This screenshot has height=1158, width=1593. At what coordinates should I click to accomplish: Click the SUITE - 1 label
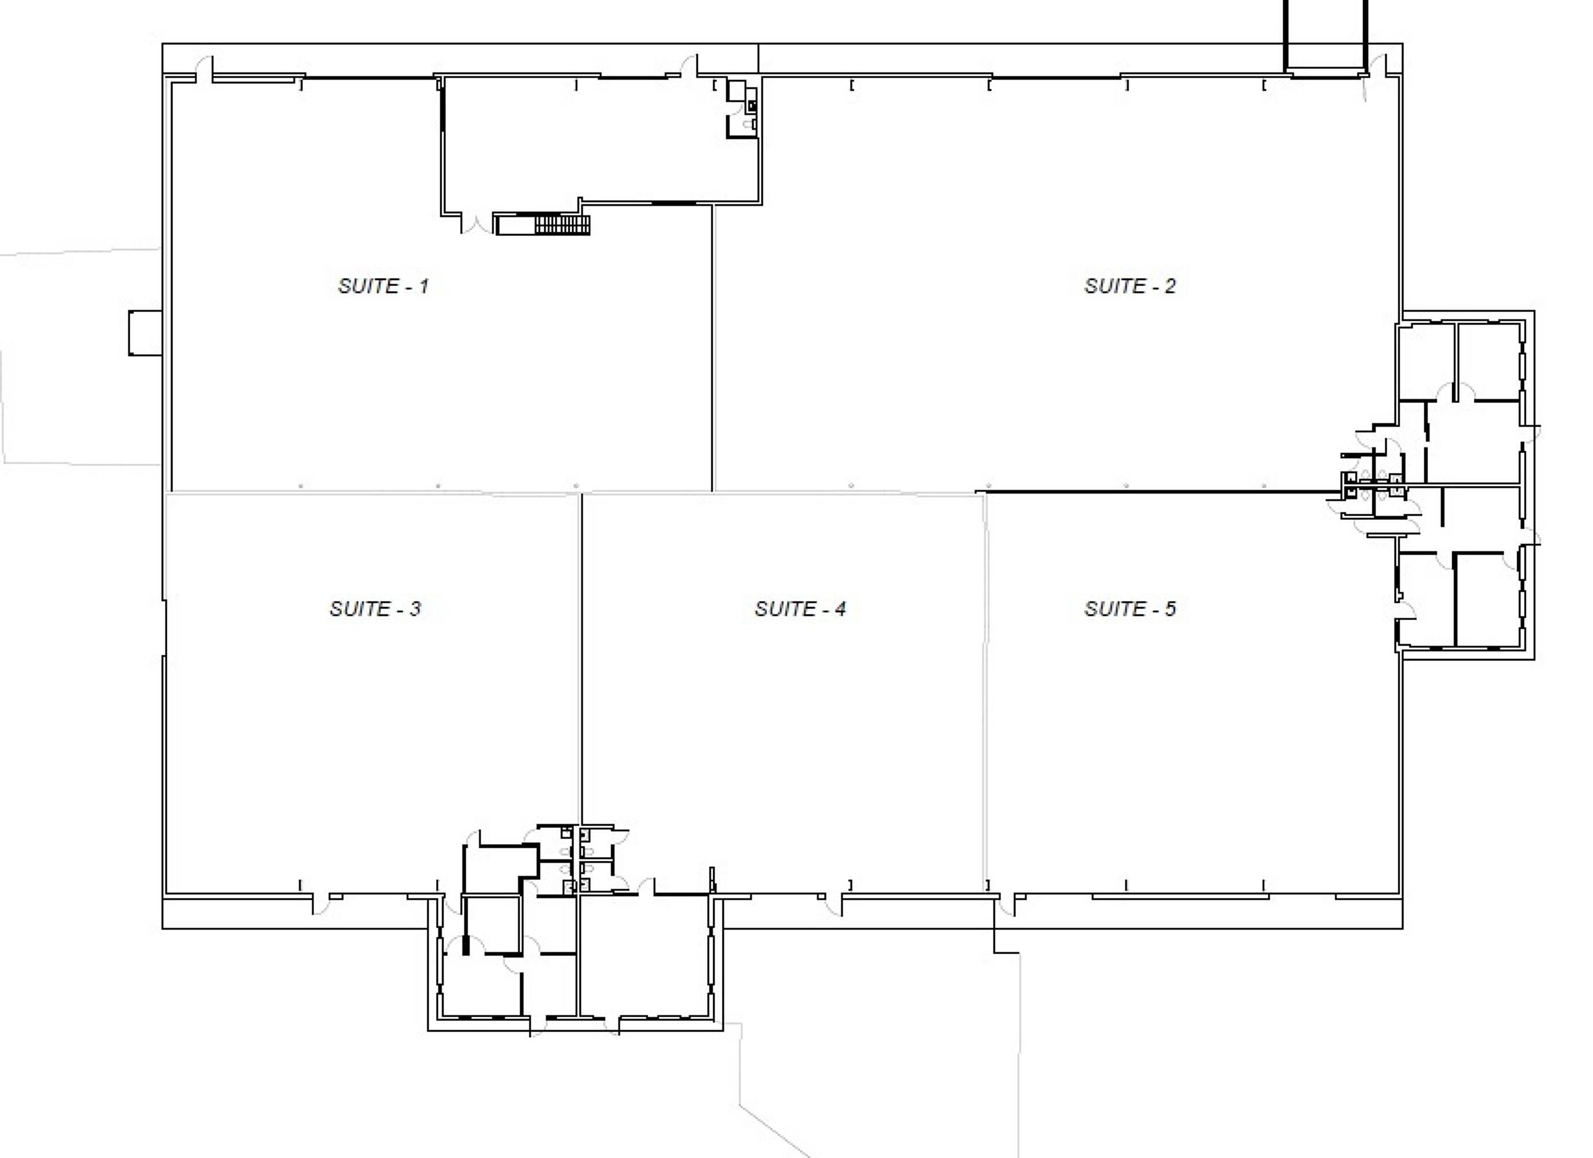click(x=383, y=286)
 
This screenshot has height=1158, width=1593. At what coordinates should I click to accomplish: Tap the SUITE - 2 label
click(x=1130, y=286)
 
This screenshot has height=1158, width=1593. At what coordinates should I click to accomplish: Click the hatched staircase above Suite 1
click(x=562, y=225)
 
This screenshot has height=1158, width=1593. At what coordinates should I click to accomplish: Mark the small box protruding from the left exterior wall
click(x=145, y=333)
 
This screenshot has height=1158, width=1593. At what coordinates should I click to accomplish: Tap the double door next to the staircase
click(x=477, y=224)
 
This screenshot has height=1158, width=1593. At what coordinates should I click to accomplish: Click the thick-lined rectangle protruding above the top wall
click(x=1326, y=36)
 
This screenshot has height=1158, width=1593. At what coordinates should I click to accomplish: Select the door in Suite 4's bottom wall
click(x=832, y=904)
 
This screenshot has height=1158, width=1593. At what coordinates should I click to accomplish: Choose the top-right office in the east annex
click(x=1488, y=362)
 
